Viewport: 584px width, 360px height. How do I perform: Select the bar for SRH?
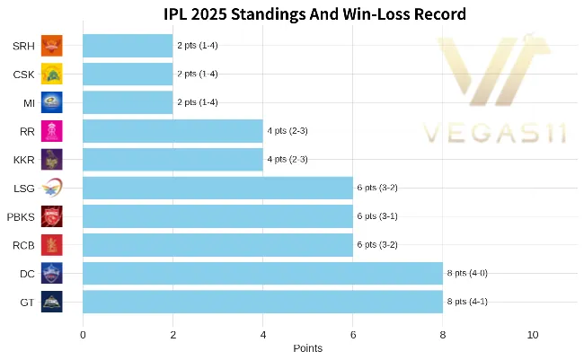pyautogui.click(x=128, y=45)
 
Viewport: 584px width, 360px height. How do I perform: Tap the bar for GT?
pyautogui.click(x=262, y=302)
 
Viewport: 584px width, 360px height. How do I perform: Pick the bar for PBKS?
pyautogui.click(x=217, y=216)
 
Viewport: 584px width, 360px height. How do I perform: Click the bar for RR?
pyautogui.click(x=173, y=131)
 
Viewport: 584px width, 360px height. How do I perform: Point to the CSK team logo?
pyautogui.click(x=52, y=74)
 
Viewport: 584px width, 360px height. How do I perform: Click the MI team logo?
pyautogui.click(x=52, y=102)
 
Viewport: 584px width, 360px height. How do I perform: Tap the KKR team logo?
pyautogui.click(x=52, y=159)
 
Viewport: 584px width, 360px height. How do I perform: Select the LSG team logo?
pyautogui.click(x=52, y=188)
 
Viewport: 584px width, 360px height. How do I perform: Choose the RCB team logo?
pyautogui.click(x=52, y=244)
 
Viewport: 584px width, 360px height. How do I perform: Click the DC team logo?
pyautogui.click(x=52, y=273)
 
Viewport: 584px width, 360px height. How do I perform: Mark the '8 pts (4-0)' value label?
pyautogui.click(x=467, y=273)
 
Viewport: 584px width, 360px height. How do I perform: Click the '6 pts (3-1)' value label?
pyautogui.click(x=377, y=216)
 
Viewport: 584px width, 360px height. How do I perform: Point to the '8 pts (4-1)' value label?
pyautogui.click(x=467, y=302)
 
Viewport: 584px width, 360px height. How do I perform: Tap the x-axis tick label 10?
pyautogui.click(x=533, y=334)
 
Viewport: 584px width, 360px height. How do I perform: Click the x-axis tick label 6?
pyautogui.click(x=353, y=334)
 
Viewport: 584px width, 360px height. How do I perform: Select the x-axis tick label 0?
pyautogui.click(x=83, y=334)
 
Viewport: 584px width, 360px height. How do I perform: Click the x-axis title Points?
pyautogui.click(x=307, y=348)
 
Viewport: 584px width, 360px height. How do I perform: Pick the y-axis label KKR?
pyautogui.click(x=24, y=160)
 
